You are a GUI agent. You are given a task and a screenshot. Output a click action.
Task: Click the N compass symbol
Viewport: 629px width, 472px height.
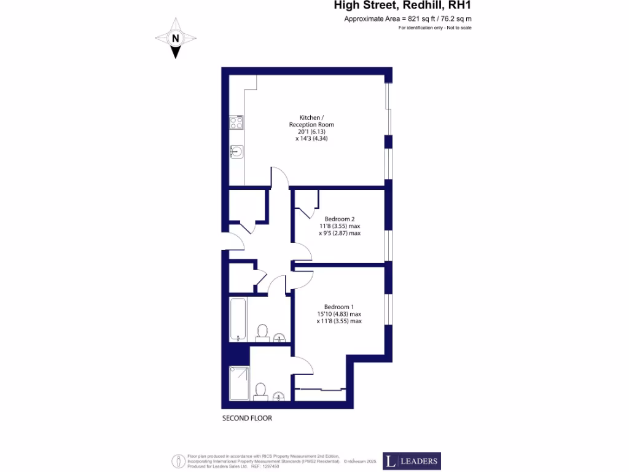coord(176,38)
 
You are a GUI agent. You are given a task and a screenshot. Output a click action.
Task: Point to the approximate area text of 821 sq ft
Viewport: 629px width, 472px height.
coord(408,19)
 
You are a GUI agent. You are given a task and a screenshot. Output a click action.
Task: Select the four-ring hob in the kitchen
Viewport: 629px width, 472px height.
coord(236,122)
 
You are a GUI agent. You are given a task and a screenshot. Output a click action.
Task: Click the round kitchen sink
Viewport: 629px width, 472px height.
coord(236,151)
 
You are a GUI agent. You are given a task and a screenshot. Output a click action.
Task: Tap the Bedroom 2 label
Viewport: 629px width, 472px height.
coord(340,219)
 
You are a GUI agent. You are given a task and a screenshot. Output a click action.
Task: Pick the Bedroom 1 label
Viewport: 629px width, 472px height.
coord(339,307)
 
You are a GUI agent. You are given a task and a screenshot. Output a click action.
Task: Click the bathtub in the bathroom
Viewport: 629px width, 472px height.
coord(237,319)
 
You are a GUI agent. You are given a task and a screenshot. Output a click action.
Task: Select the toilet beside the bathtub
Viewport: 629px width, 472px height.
coord(262,332)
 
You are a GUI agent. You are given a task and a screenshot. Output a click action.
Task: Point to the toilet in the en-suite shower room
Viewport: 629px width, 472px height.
coord(260,391)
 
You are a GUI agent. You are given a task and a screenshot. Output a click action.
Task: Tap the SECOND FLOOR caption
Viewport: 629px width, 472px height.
coord(247,418)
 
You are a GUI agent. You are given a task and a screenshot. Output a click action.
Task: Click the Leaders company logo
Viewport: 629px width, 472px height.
coord(412,461)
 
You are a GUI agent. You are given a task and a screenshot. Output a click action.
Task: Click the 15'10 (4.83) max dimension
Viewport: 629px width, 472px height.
coord(339,314)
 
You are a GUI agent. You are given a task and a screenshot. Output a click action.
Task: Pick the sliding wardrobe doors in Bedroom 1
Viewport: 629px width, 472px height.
coord(319,389)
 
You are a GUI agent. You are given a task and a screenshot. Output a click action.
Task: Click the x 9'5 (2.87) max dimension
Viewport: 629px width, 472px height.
coord(340,233)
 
